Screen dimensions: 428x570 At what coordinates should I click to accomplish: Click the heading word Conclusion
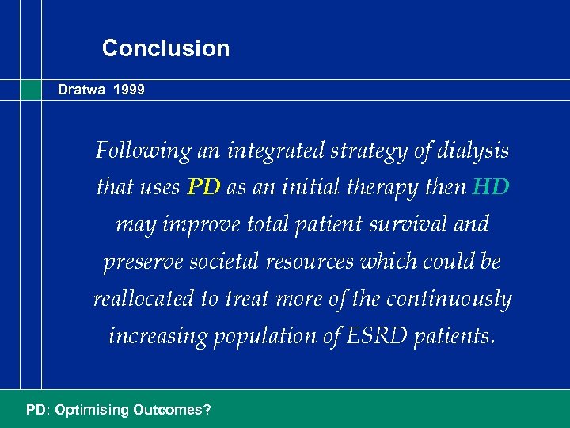click(x=165, y=48)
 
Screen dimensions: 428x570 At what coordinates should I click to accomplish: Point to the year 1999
click(x=128, y=90)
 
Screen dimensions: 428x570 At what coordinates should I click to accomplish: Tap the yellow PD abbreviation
click(x=205, y=187)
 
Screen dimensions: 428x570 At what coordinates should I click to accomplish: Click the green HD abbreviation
click(x=491, y=187)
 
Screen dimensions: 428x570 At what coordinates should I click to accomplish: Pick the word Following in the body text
click(x=143, y=150)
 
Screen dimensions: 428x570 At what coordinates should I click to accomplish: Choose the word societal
click(x=215, y=262)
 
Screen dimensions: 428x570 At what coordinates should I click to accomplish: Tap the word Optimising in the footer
click(x=88, y=411)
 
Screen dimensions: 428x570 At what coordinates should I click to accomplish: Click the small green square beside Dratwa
click(x=31, y=90)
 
